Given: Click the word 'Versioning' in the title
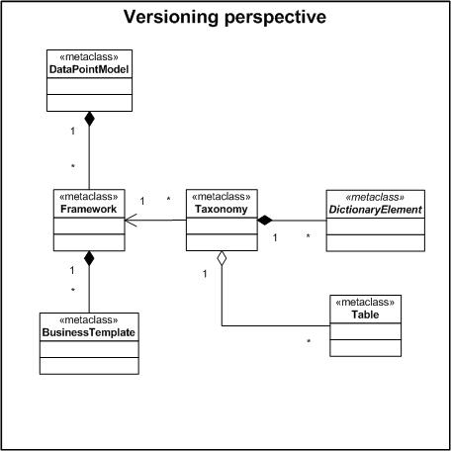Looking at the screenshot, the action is (171, 17).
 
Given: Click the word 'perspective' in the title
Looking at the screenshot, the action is (275, 18).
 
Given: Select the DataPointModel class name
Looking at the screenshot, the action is (89, 69).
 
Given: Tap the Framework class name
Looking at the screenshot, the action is (89, 209).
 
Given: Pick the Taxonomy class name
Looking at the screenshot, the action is (222, 210).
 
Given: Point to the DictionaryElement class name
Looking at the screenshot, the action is (376, 210).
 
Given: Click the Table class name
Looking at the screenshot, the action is (365, 315).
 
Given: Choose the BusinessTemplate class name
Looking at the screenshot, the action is (89, 332).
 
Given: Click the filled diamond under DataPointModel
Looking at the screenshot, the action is (89, 119).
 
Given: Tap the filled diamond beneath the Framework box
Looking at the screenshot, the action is (89, 258).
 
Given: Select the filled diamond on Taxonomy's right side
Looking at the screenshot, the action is (265, 221).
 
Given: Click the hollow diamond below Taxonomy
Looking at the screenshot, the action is (222, 258).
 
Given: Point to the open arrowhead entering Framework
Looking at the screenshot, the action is (131, 220).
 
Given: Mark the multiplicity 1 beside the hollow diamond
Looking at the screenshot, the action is (205, 274).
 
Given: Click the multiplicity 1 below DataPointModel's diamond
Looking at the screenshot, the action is (73, 132).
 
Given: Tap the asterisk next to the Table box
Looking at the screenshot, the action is (309, 341).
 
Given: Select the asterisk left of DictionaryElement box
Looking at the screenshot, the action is (308, 236).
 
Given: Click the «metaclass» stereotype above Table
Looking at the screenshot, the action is (365, 303).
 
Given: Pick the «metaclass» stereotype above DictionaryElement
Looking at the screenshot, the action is (375, 197).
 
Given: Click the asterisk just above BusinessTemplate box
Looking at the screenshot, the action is (73, 290).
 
